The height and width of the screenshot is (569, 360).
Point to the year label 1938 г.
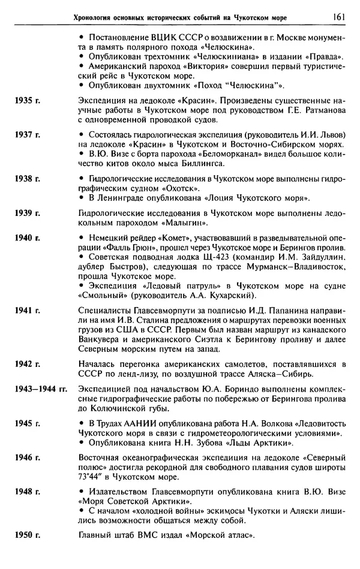[x=26, y=179]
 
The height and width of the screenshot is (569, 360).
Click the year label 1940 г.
[x=26, y=237]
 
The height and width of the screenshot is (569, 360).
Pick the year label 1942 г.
[x=26, y=364]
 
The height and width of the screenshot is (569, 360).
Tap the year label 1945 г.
[x=26, y=423]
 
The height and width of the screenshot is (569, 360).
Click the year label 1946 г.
[x=26, y=457]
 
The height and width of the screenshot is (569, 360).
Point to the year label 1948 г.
[x=26, y=491]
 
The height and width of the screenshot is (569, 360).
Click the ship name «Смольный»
[x=102, y=296]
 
